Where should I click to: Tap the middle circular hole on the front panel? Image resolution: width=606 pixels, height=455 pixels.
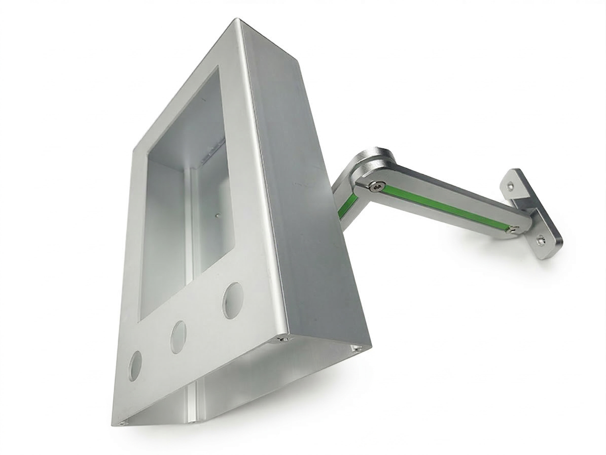tap(178, 338)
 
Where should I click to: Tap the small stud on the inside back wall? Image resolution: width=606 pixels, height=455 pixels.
tap(217, 216)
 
